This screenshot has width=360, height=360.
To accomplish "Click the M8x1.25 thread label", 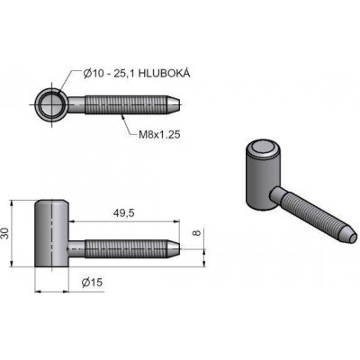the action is (159, 135).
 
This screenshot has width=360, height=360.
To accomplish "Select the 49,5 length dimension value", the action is (123, 212).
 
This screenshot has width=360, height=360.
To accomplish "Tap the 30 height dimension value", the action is (5, 233).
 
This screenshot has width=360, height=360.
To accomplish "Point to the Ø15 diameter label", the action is (92, 282).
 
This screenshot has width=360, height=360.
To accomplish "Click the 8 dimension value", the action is (196, 233).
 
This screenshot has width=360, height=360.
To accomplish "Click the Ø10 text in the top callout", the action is (93, 73).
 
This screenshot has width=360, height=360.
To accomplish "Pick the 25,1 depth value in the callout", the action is (123, 73).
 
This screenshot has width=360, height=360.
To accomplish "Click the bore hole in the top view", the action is (50, 104).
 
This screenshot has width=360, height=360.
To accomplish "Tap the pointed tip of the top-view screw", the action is (180, 104).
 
